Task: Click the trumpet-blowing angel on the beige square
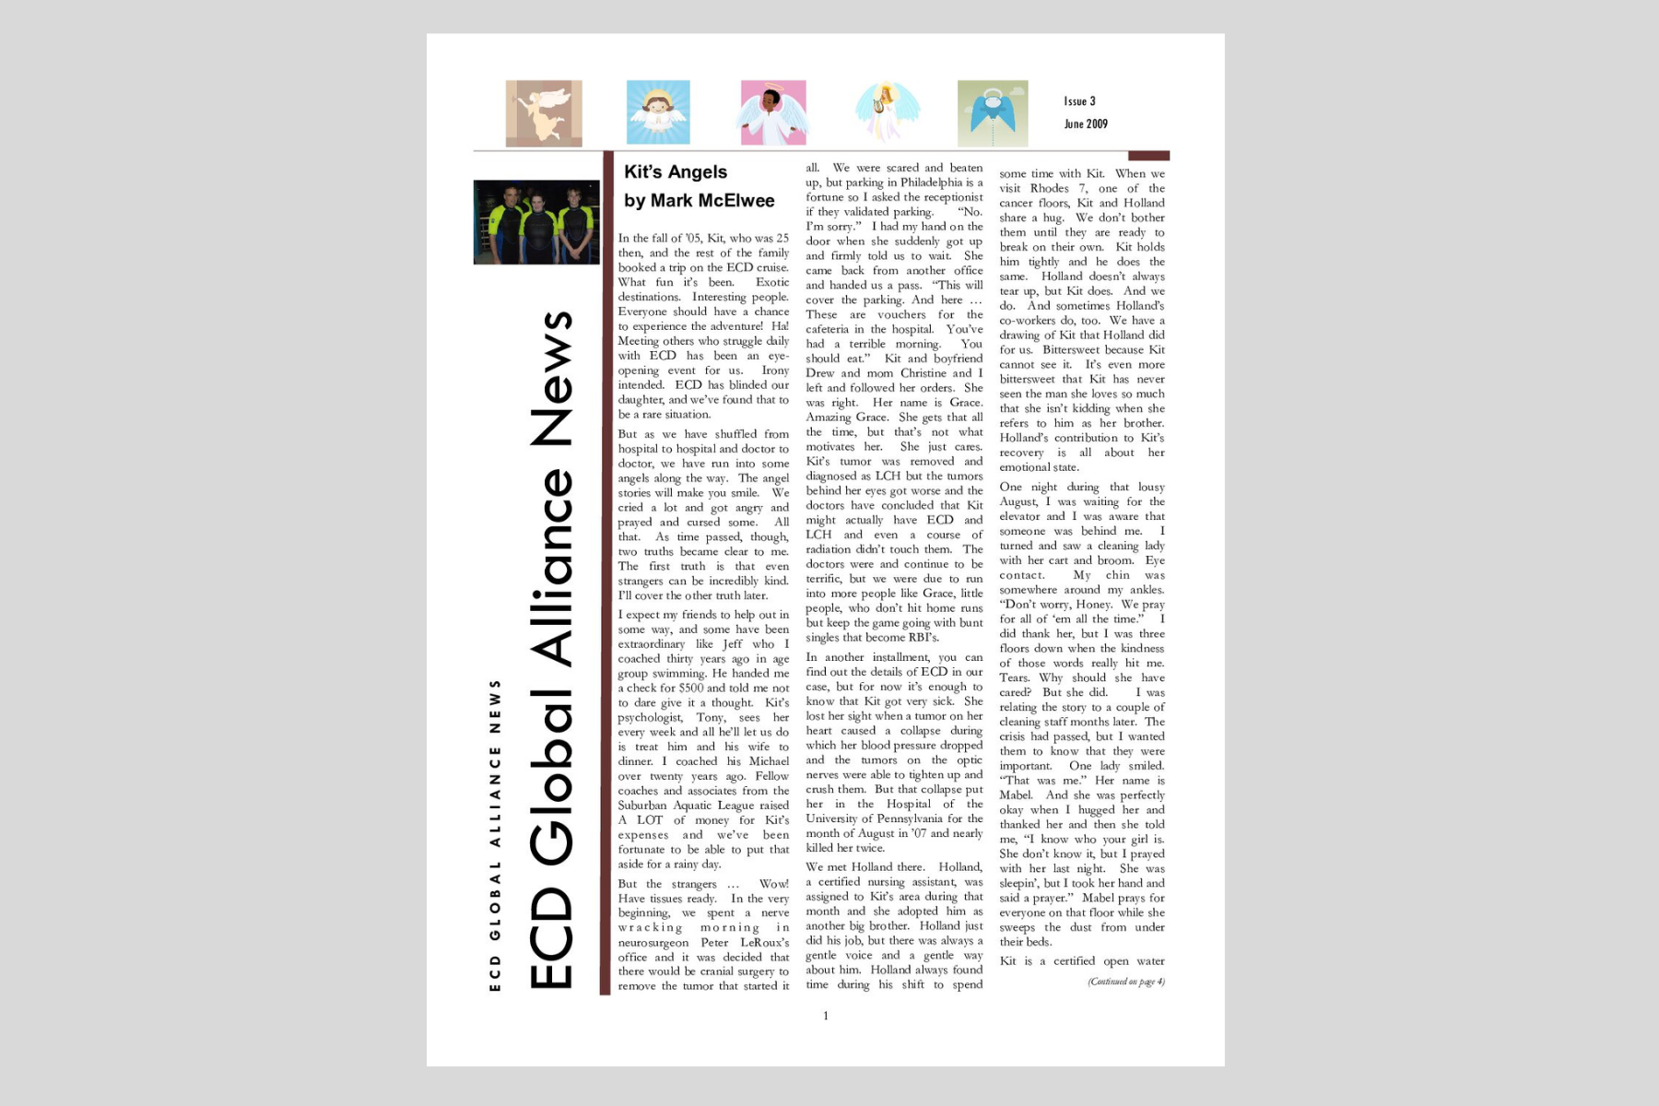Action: (x=544, y=112)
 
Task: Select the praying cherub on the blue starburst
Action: (x=658, y=112)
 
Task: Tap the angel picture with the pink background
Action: (x=773, y=112)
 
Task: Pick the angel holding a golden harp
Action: (x=887, y=112)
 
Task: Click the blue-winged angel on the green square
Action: (x=993, y=112)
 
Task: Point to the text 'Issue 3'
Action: (x=1079, y=101)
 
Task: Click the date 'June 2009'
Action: (x=1086, y=124)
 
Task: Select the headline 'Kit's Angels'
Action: (x=676, y=172)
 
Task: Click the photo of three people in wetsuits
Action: (x=536, y=222)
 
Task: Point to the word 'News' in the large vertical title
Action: (x=551, y=378)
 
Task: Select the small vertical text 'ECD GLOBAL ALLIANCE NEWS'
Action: (x=496, y=835)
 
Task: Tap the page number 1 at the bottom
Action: (x=826, y=1016)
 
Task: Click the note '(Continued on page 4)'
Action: (x=1125, y=982)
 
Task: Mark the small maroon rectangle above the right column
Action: (x=1148, y=156)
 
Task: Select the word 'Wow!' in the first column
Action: (x=774, y=884)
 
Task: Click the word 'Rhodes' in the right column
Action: (x=1050, y=188)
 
